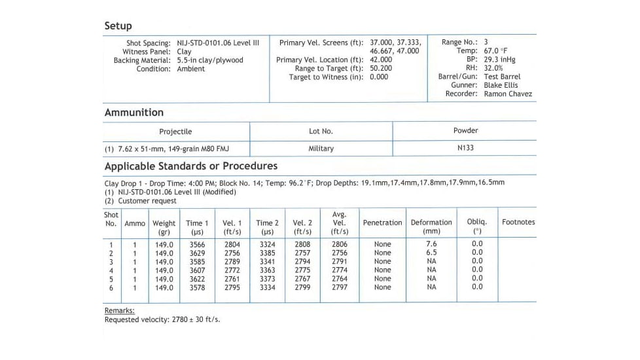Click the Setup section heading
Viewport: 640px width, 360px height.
118,26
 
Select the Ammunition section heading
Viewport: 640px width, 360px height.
133,113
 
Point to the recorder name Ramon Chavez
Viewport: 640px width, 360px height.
508,94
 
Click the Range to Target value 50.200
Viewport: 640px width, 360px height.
381,68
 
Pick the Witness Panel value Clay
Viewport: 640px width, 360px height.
184,51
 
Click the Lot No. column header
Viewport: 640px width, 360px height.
321,131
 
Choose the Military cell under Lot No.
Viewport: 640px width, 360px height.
321,149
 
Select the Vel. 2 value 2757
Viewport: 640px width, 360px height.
302,253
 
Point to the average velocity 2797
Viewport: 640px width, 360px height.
339,287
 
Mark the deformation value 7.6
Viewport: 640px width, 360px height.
431,244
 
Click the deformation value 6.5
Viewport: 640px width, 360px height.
431,253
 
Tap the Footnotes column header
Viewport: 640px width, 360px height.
518,222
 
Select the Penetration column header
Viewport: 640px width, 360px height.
382,223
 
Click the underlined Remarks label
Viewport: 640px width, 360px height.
119,310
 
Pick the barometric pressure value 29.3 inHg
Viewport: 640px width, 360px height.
499,60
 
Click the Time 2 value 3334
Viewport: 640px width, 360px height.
267,287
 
